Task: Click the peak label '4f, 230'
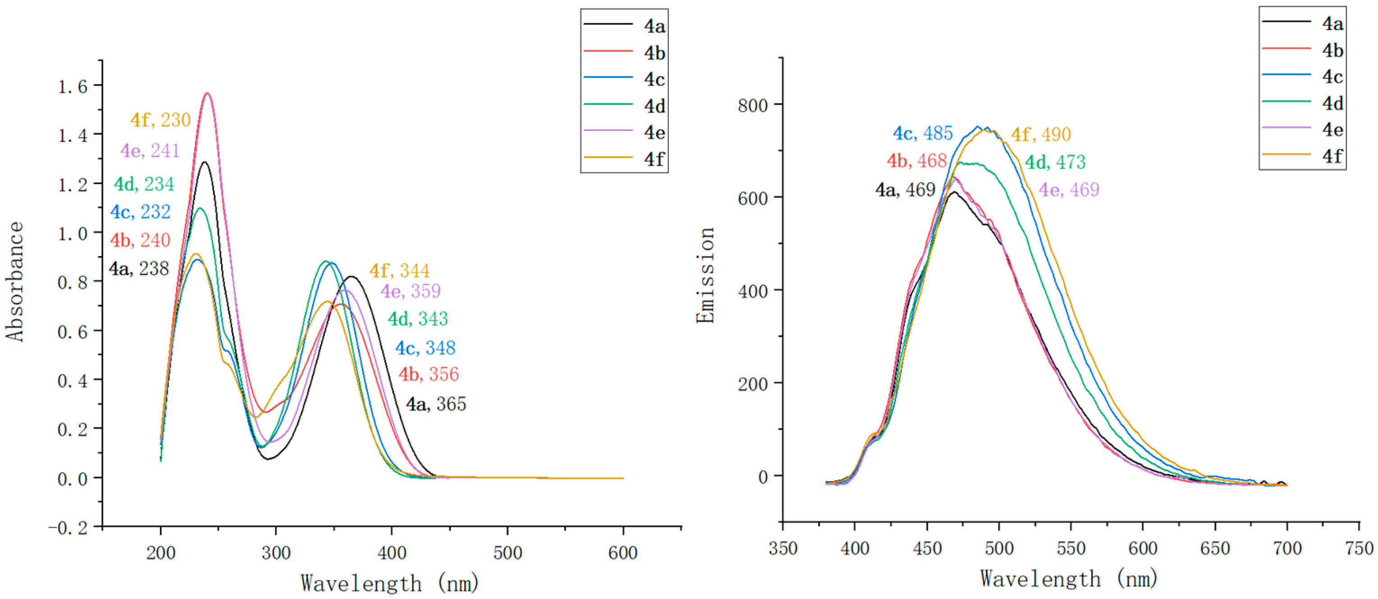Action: [160, 120]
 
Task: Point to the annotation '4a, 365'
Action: [436, 404]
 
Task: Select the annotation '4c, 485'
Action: [923, 133]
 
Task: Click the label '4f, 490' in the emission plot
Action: [1040, 134]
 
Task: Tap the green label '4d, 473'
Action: [1055, 162]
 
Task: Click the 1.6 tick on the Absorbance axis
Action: [72, 86]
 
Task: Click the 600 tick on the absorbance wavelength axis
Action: [623, 553]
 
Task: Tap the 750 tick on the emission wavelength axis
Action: [1358, 548]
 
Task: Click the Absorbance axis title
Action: [15, 281]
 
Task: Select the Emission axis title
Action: [705, 275]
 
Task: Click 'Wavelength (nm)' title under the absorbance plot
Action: [390, 583]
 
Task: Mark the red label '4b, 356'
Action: [428, 374]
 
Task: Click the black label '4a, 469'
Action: [905, 189]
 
